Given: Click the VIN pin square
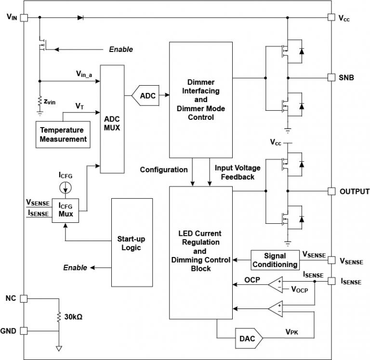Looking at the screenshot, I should (x=24, y=17).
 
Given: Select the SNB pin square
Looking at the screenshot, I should (x=331, y=77).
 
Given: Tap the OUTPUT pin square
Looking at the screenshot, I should (x=331, y=191).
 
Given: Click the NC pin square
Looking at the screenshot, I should (x=24, y=298).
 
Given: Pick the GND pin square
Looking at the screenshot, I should (x=24, y=331).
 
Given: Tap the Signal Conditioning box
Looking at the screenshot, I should (x=275, y=260).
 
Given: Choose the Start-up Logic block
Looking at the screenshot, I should (x=131, y=243).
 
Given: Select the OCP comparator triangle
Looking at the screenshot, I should (x=276, y=283).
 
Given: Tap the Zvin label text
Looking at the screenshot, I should (x=50, y=102).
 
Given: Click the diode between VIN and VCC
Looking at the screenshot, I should (x=80, y=17).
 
